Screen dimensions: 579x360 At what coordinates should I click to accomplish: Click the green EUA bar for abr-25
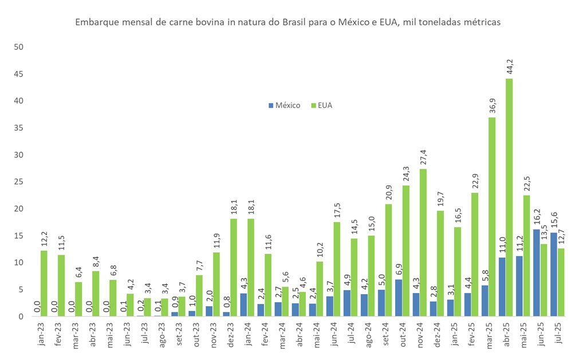tap(509, 197)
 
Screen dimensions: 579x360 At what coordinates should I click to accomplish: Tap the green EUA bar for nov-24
tap(423, 243)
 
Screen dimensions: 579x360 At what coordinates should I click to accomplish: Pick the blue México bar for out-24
tap(399, 298)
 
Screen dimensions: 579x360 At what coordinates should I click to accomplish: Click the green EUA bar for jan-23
tap(44, 284)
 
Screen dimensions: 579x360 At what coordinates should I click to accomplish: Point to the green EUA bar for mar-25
tap(492, 217)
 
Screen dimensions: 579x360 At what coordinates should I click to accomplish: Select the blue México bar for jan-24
tap(244, 305)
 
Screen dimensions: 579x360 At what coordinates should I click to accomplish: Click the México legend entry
tap(284, 105)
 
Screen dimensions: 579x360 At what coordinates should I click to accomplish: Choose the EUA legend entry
tap(322, 105)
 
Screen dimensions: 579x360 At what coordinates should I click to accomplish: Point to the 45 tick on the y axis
tap(18, 74)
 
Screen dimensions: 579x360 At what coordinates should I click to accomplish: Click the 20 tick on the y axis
tap(18, 209)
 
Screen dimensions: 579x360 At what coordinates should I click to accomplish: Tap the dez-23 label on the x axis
tap(231, 334)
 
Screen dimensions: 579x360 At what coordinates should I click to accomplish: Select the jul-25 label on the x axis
tap(559, 333)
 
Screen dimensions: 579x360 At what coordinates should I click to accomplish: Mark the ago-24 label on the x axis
tap(369, 334)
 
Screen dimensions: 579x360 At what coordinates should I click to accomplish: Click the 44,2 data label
tap(510, 66)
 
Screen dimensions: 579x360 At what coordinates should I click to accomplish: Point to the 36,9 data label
tap(492, 105)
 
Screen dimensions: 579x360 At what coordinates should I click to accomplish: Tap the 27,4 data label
tap(424, 157)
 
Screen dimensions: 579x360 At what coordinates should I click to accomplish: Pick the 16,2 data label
tap(537, 217)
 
